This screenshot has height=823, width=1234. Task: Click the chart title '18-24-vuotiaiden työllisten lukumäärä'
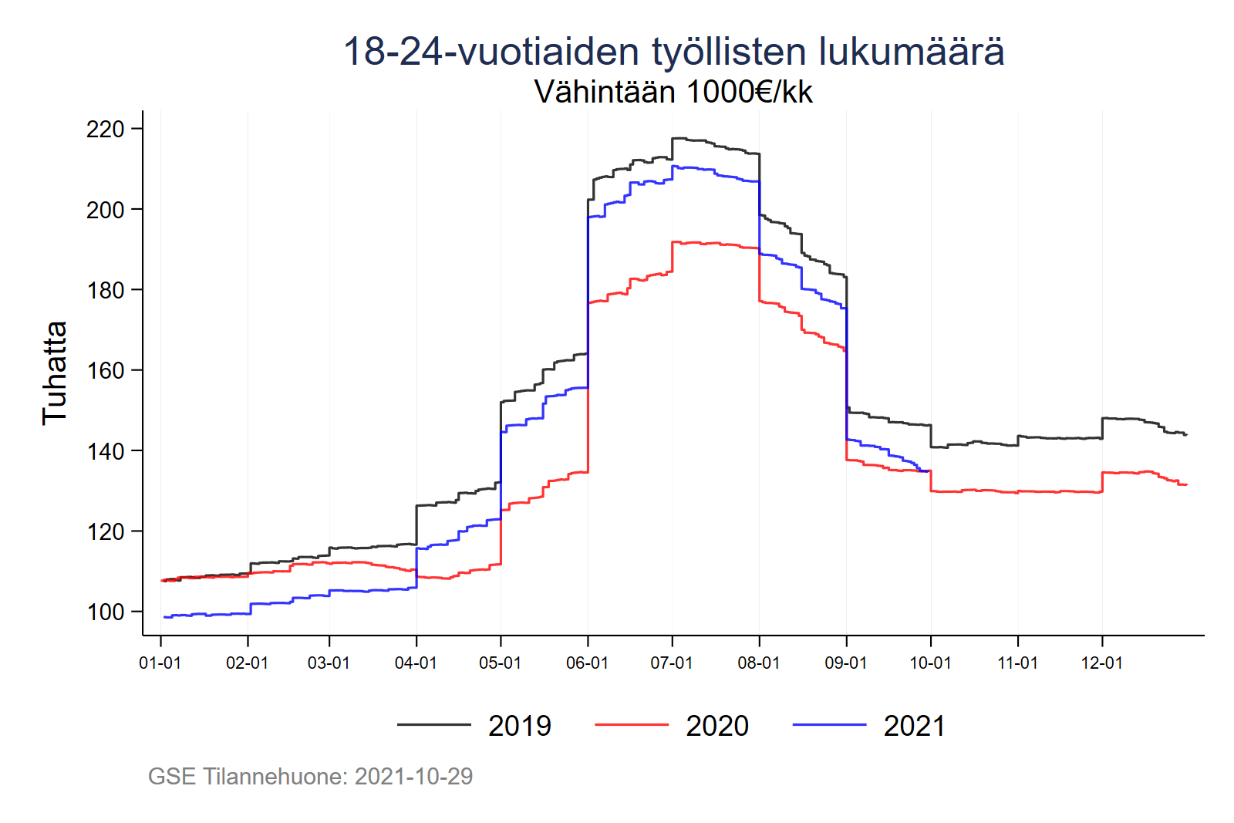click(673, 52)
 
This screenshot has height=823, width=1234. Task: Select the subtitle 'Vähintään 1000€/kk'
click(673, 92)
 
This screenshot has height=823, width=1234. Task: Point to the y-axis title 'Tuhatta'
click(55, 373)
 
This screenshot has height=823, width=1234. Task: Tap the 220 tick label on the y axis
click(106, 129)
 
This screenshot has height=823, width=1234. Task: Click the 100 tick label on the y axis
click(106, 612)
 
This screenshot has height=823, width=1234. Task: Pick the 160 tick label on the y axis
click(106, 371)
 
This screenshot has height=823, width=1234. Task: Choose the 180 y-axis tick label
click(106, 290)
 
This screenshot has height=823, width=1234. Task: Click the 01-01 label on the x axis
click(160, 663)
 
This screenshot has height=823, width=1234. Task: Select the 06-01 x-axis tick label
click(588, 663)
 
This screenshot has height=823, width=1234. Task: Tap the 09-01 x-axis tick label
click(846, 663)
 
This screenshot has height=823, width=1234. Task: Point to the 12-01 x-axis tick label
click(1102, 663)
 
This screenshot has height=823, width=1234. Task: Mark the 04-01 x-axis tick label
click(416, 663)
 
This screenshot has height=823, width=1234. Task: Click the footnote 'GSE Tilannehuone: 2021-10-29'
click(310, 776)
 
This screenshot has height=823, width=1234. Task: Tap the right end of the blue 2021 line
click(929, 471)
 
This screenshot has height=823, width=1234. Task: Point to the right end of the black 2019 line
click(1186, 435)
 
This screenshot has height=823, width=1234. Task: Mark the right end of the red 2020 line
click(1186, 484)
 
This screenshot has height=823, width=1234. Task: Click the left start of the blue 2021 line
click(164, 617)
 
